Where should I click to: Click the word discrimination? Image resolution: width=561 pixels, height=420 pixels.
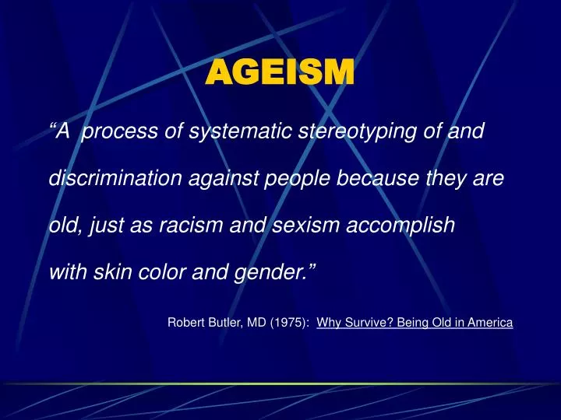tap(115, 179)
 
